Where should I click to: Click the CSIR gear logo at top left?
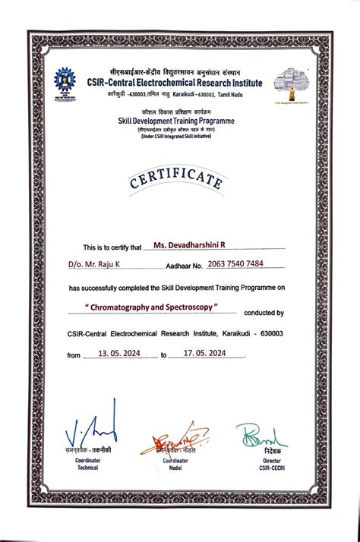pyautogui.click(x=65, y=81)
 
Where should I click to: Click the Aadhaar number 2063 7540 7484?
pyautogui.click(x=235, y=265)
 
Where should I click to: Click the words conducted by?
pyautogui.click(x=264, y=312)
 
